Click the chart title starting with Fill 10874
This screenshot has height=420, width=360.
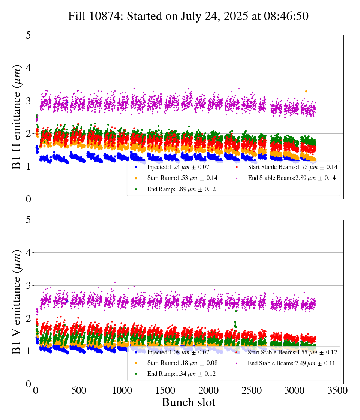[x=188, y=16]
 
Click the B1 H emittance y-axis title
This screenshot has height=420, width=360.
[x=17, y=117]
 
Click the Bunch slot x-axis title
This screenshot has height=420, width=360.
[x=188, y=402]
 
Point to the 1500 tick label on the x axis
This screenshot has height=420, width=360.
[x=165, y=390]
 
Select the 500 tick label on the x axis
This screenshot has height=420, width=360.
[x=79, y=390]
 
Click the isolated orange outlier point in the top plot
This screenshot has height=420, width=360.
[x=306, y=91]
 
